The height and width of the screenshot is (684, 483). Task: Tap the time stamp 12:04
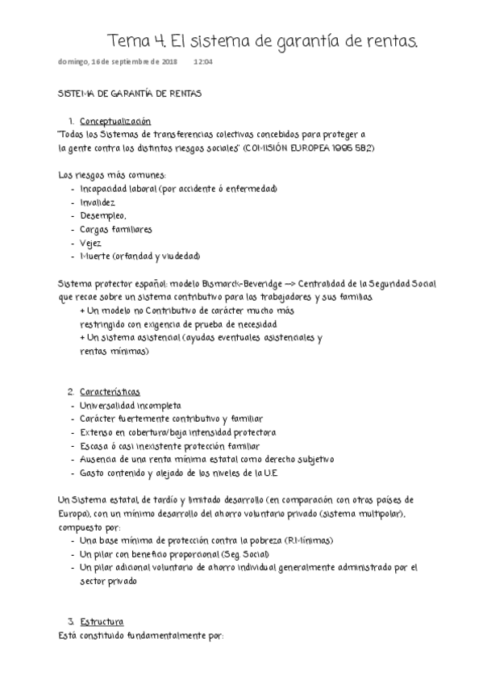click(x=203, y=61)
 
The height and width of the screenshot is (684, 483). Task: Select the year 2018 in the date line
click(x=169, y=61)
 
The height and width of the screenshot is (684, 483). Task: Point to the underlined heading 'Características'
click(x=110, y=390)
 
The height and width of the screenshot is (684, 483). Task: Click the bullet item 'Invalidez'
click(x=98, y=202)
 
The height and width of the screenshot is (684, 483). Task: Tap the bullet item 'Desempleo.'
click(x=103, y=216)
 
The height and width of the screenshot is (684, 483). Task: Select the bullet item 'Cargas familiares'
click(x=116, y=229)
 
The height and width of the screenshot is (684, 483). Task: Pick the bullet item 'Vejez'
click(x=90, y=243)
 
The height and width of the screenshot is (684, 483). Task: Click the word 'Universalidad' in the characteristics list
click(x=108, y=405)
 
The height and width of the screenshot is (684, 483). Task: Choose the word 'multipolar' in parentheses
click(x=384, y=514)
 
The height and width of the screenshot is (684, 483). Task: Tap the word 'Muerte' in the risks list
click(x=96, y=256)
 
